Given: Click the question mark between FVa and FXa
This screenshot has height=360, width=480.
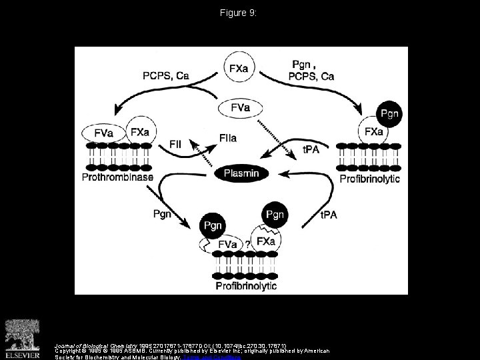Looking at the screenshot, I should pos(248,245).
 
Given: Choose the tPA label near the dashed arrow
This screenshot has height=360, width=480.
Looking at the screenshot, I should pos(311,149).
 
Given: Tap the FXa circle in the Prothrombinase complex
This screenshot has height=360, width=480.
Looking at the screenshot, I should pos(139,131).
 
